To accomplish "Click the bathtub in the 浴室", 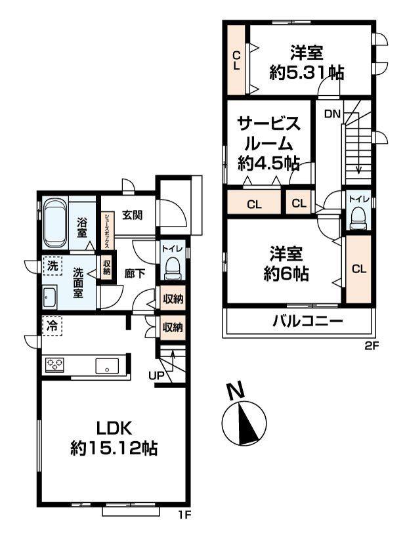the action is [x=55, y=224].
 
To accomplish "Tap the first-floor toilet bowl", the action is [x=172, y=269].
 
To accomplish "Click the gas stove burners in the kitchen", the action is [x=54, y=365].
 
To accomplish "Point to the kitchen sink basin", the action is [x=107, y=366].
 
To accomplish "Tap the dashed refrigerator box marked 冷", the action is [x=52, y=326].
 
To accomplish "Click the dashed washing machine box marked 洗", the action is [x=53, y=265].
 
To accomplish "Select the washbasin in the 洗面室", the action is [x=51, y=297].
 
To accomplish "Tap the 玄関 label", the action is [x=133, y=215].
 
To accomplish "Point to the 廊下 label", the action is [x=135, y=273].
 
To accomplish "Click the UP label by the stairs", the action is [x=156, y=376].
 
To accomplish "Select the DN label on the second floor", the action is [x=332, y=114].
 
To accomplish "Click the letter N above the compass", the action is [x=236, y=391].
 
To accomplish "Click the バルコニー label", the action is [x=308, y=321].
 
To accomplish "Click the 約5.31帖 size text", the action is [x=307, y=73].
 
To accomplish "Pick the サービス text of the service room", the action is [x=268, y=124].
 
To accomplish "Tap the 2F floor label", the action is [x=371, y=346].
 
